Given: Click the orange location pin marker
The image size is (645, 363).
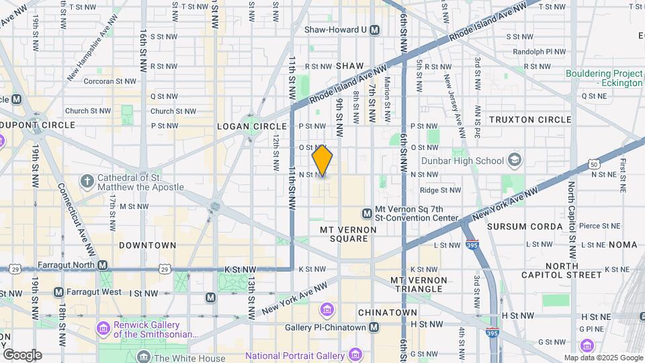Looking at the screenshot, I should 322,160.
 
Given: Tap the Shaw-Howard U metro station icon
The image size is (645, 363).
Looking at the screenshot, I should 374,30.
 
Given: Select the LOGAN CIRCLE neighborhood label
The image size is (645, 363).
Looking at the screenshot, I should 243,126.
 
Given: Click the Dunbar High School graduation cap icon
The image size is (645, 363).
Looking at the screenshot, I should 515,161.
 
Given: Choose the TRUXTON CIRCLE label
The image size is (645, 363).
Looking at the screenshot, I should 530,120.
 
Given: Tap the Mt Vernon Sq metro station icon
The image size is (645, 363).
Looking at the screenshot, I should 367,213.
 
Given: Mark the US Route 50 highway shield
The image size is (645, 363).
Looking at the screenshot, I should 593,163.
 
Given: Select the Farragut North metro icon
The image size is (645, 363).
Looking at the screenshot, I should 103,265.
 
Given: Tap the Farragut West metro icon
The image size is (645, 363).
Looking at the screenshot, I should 58,292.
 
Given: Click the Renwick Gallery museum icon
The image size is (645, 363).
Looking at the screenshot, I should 102,328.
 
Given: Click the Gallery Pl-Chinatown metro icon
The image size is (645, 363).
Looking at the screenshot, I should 374,327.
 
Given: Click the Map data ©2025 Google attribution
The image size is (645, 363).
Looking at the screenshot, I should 603,358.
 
